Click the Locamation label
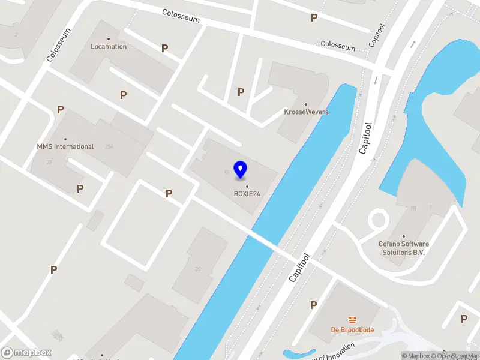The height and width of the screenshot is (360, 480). pos(109,46)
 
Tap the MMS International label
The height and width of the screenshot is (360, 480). pos(65,146)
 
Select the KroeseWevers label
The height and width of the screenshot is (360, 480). pos(306,112)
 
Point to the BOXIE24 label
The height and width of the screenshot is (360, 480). pos(247,193)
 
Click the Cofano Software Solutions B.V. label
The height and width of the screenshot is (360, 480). pos(404,248)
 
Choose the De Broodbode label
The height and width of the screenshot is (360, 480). pos(352,329)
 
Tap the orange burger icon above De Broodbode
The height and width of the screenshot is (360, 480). pos(352,320)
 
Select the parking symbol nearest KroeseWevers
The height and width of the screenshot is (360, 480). pos(241,92)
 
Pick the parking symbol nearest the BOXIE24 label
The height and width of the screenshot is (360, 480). pos(169,193)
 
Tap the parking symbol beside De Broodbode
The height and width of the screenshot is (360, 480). pos(313,305)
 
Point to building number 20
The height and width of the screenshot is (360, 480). pos(198,269)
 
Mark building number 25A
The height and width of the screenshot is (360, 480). pos(109,146)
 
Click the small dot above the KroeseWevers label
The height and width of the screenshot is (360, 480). pos(306,104)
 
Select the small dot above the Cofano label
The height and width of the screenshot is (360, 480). pos(404,236)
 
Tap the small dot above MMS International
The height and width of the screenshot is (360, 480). pos(65,139)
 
